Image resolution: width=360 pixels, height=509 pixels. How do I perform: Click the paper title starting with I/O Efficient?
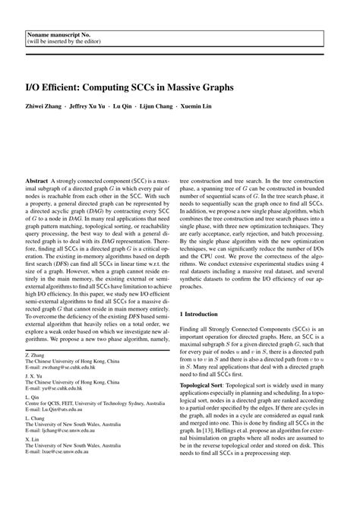pos(130,87)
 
